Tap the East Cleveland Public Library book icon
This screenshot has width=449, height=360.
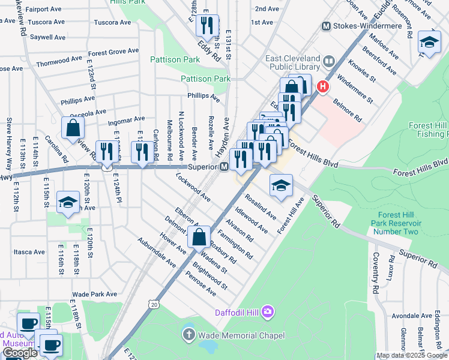pos(328,61)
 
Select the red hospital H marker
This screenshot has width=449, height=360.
pos(323,87)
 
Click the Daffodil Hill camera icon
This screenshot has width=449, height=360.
pos(267,312)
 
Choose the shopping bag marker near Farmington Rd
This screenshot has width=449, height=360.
pos(199,238)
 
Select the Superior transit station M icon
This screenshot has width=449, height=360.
pos(223,167)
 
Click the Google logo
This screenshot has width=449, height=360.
pos(20,353)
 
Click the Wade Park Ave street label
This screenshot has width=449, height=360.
pos(94,295)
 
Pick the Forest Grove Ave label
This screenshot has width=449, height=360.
pos(113,52)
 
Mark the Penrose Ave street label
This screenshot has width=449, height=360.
pos(201,287)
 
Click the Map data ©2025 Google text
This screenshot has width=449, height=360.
pos(412,355)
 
